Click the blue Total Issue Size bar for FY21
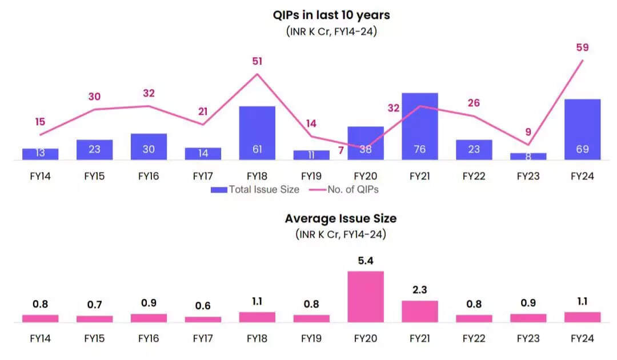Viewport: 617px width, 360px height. click(x=420, y=126)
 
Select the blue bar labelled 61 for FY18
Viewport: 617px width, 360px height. click(x=257, y=133)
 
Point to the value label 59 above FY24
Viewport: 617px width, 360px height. click(x=583, y=48)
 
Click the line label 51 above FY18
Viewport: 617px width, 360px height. click(x=257, y=62)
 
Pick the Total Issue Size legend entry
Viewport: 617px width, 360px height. click(x=255, y=190)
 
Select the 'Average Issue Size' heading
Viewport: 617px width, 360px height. click(x=340, y=218)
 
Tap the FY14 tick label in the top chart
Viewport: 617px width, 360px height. click(x=40, y=177)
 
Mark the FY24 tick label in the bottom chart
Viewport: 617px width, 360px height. click(x=583, y=338)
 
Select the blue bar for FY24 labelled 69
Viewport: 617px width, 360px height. click(x=583, y=129)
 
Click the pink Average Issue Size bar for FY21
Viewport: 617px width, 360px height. click(x=420, y=311)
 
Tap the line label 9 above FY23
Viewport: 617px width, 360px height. click(x=528, y=132)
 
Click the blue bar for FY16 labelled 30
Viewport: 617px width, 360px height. click(x=149, y=147)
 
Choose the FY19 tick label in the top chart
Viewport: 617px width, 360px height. click(x=311, y=177)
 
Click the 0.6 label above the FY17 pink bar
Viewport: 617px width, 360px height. click(x=203, y=306)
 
